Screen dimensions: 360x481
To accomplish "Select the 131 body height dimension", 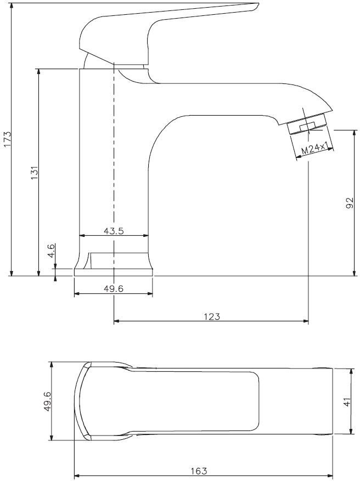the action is [x=34, y=173].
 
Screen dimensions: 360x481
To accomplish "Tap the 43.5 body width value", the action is [x=114, y=231].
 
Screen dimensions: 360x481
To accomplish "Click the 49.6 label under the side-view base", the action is [x=113, y=288].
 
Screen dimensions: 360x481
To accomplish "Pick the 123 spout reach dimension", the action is [x=212, y=316].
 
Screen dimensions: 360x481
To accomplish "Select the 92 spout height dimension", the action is [x=350, y=203].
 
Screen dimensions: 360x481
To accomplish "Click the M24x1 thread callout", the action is [x=314, y=149].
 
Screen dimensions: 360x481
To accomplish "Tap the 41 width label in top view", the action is [x=347, y=402].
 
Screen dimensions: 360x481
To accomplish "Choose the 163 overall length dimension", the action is [x=199, y=471].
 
